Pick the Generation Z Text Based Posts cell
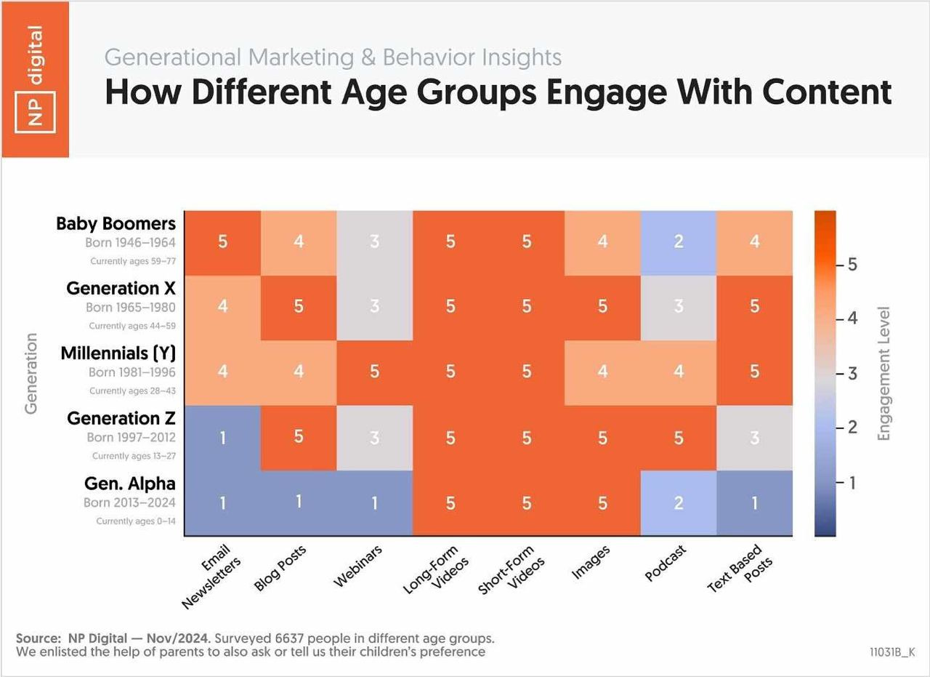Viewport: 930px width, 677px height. pyautogui.click(x=755, y=438)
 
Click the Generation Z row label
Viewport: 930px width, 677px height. pyautogui.click(x=121, y=419)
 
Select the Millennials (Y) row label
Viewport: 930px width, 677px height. pyautogui.click(x=118, y=354)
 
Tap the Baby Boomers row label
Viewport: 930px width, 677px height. pyautogui.click(x=116, y=224)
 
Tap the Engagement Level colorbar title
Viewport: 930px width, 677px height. pyautogui.click(x=883, y=373)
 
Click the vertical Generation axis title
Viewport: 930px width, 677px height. pyautogui.click(x=31, y=373)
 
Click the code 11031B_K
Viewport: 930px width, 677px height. pyautogui.click(x=892, y=652)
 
